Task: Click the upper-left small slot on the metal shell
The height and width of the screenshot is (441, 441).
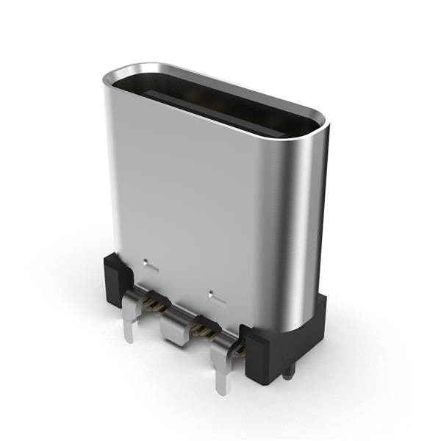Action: pos(150,262)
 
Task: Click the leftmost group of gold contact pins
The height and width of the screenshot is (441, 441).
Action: pos(154,302)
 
